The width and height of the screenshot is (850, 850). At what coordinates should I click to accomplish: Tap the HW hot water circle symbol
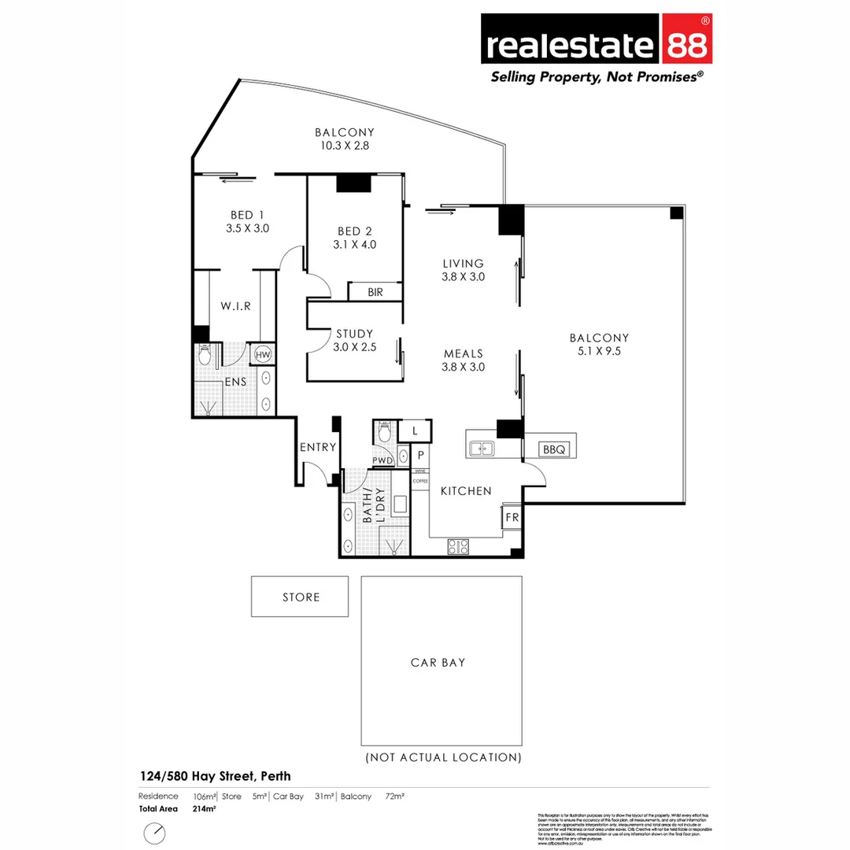coord(263,355)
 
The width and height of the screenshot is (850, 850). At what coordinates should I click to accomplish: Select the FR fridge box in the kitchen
coord(512,519)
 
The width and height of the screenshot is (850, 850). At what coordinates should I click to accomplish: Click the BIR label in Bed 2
coord(375,292)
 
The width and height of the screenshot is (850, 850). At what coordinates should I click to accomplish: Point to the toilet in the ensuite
coord(205,356)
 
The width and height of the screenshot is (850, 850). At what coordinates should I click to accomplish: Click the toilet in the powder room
coord(384,432)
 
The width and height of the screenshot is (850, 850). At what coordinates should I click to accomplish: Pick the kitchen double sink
coord(481,449)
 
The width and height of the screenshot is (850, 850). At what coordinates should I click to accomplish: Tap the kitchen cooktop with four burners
coord(458,546)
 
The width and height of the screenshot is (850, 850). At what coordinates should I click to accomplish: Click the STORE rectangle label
coord(301,597)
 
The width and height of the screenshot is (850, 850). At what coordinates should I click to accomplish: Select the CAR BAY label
coord(438,662)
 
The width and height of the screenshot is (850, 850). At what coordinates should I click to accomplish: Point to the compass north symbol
coord(155,833)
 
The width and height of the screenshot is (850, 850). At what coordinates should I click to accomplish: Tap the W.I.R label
coord(235,306)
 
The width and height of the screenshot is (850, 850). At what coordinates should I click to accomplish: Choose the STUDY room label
coord(354,334)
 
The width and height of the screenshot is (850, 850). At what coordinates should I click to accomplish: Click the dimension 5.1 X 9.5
coord(599,351)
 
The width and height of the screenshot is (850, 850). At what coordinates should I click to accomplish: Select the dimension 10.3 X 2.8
coord(344,146)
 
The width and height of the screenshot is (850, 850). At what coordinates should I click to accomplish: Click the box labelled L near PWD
coord(416,431)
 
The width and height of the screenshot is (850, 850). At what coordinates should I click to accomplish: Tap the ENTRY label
coord(318,447)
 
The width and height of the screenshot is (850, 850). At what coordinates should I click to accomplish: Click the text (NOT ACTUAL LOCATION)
coord(443,758)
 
